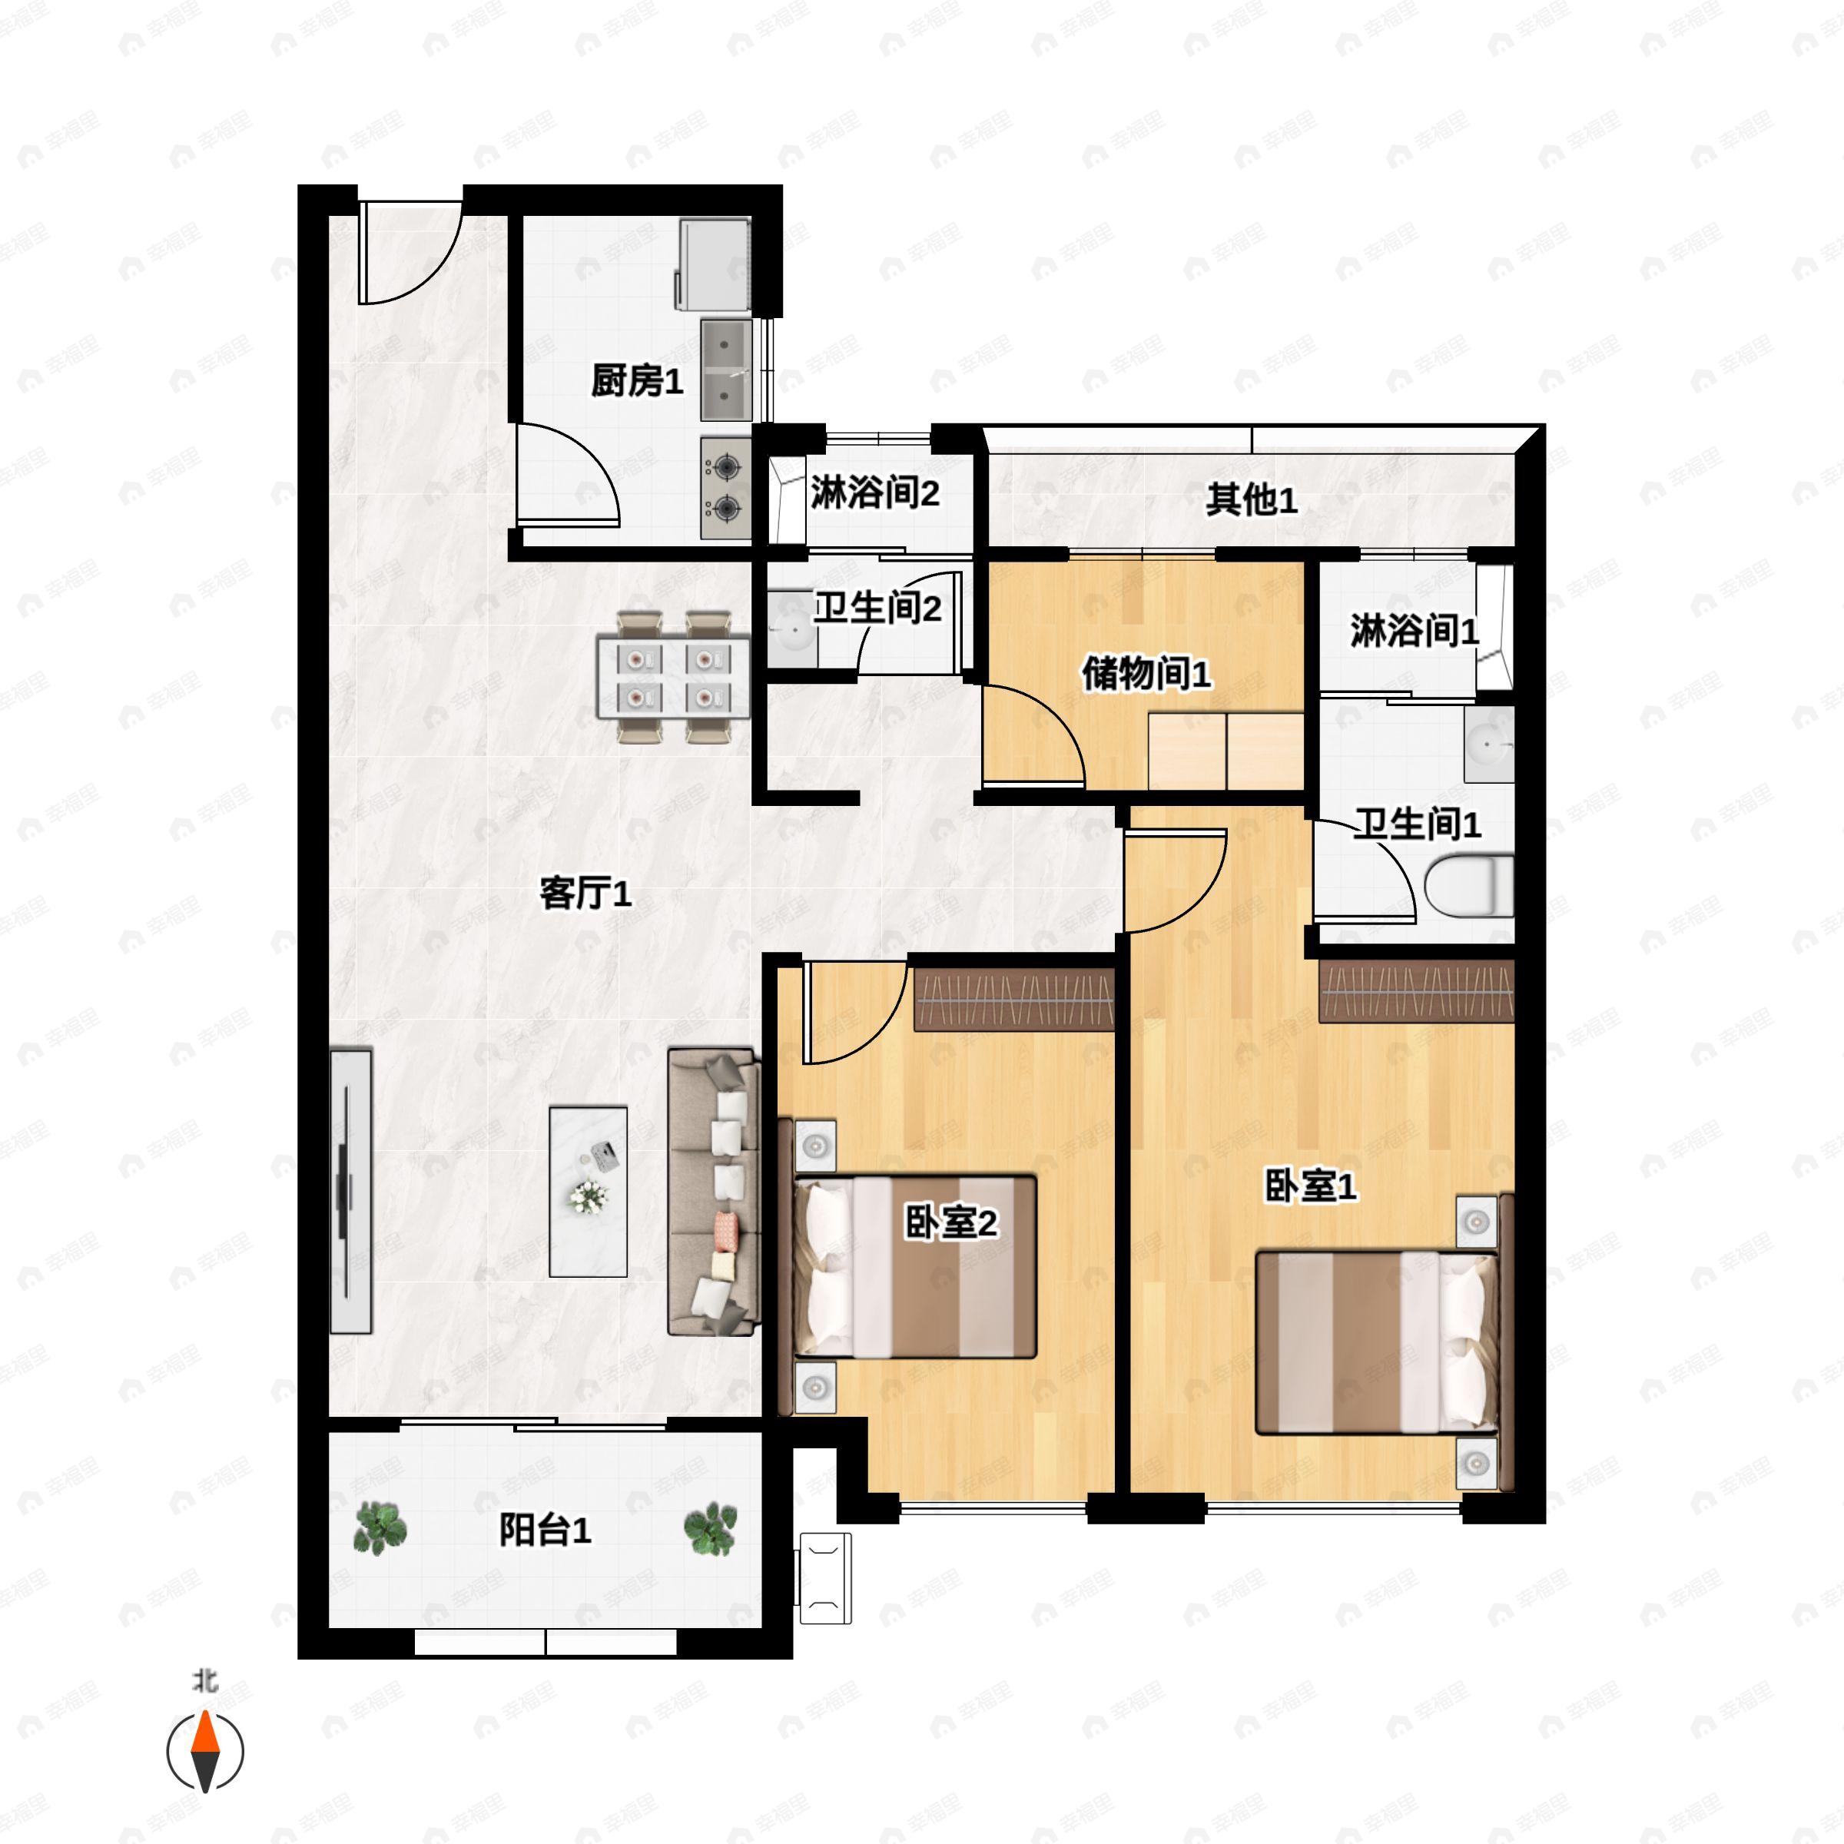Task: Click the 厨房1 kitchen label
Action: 637,382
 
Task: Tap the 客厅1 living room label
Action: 585,894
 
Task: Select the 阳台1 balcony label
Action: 545,1531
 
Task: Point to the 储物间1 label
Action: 1146,674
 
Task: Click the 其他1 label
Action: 1250,499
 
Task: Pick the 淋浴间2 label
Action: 875,493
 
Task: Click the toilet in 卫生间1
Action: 1469,886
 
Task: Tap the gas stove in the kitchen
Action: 725,488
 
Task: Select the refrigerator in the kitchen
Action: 712,265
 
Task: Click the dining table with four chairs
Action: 673,678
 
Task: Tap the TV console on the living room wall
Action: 350,1191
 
